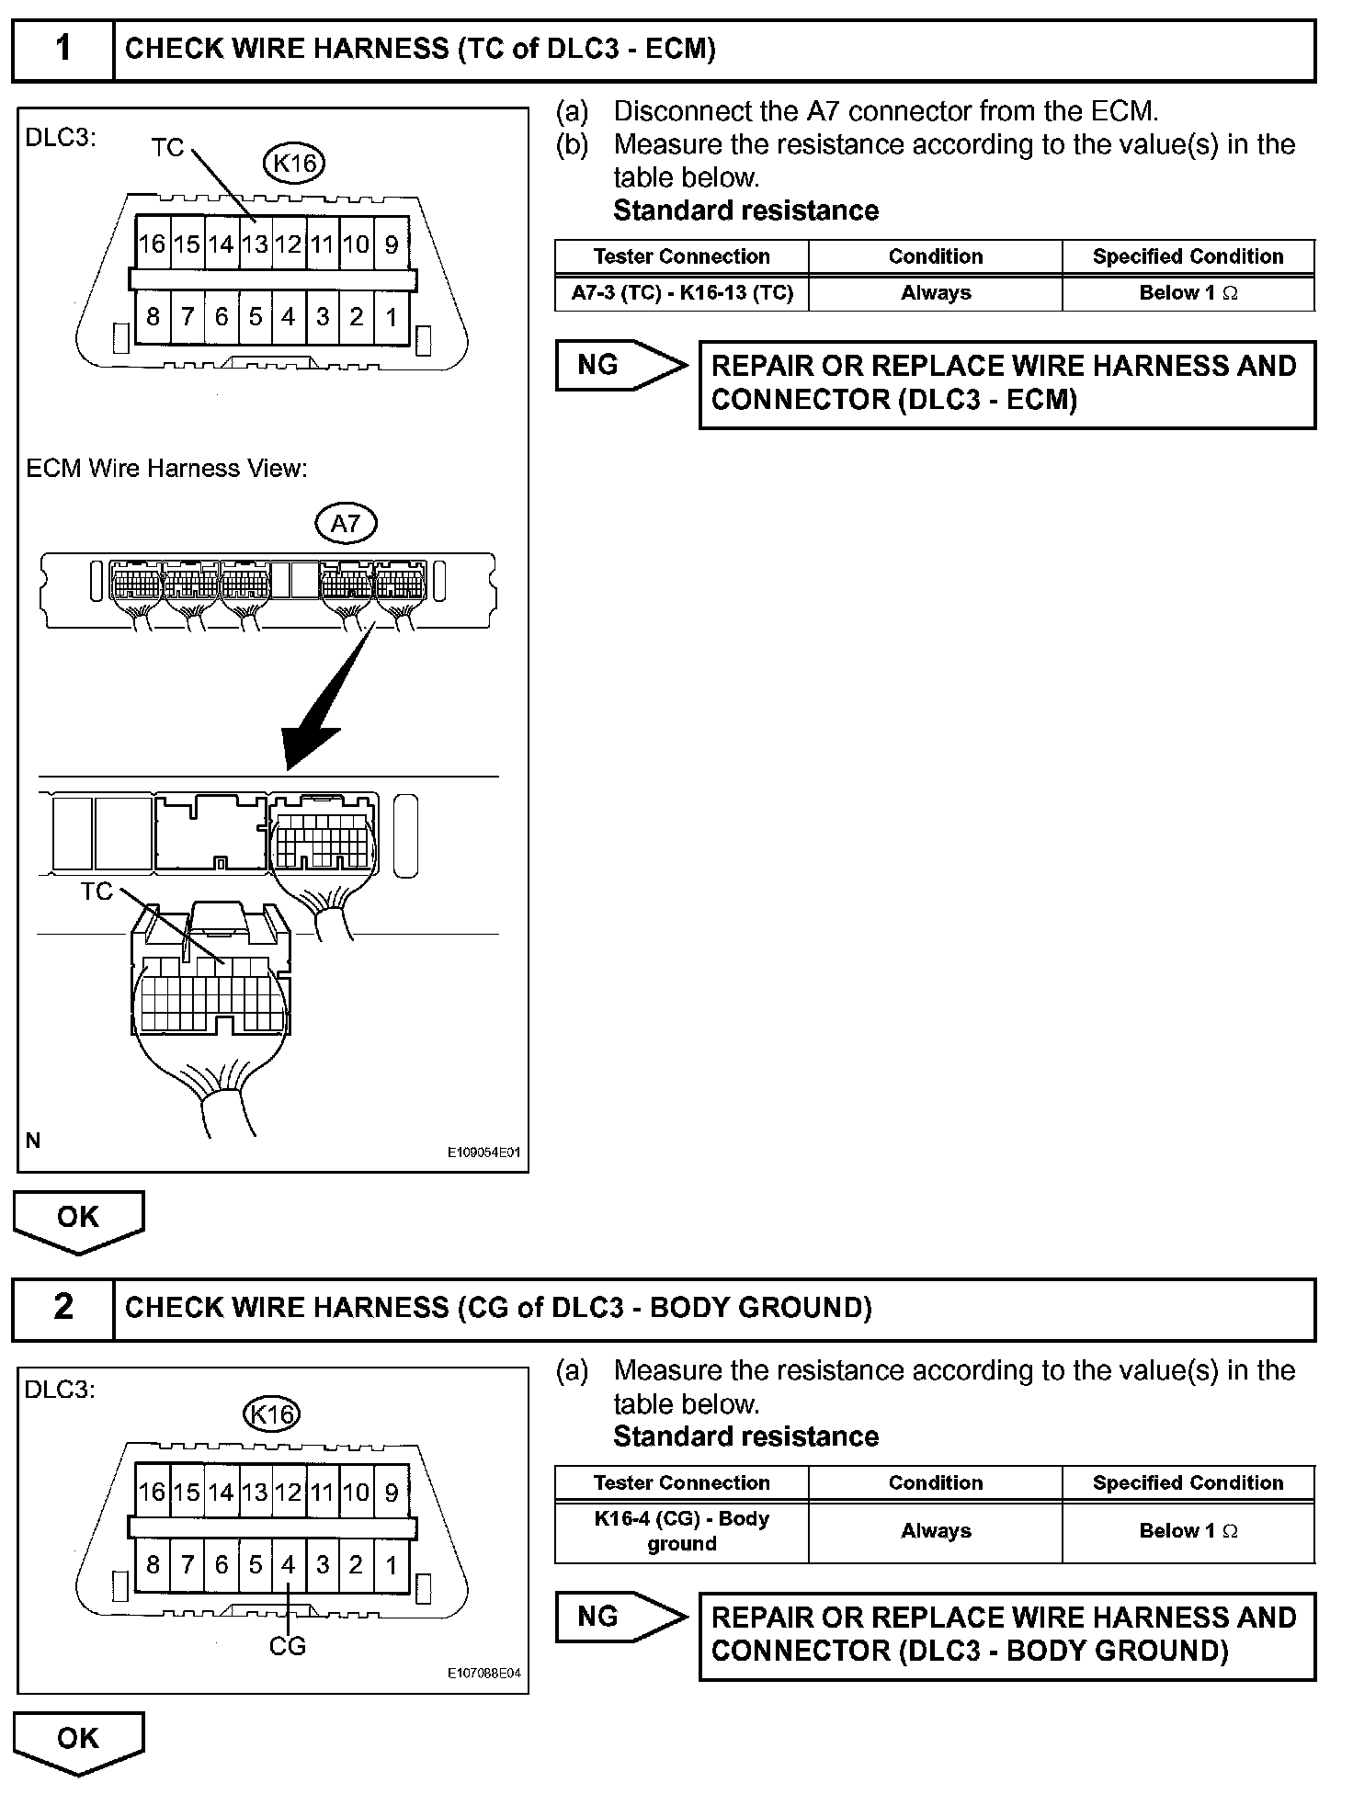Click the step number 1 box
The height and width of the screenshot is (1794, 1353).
point(63,50)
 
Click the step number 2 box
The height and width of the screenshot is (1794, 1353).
point(63,1307)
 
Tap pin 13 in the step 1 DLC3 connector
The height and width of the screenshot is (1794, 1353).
point(255,244)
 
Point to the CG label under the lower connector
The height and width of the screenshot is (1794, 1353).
point(287,1645)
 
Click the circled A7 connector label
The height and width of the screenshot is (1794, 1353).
point(345,524)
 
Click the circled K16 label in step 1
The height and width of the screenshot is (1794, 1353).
point(294,164)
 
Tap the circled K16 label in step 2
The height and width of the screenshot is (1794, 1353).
point(272,1414)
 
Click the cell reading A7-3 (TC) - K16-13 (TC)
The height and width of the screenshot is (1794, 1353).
point(682,293)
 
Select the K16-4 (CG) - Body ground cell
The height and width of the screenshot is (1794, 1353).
point(682,1530)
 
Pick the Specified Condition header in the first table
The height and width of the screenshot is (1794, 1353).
point(1188,256)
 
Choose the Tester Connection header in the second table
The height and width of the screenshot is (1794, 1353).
point(682,1482)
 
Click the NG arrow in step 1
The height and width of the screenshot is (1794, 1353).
point(620,366)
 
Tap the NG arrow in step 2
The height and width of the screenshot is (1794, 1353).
point(620,1617)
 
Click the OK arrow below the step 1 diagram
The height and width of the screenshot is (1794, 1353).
point(78,1219)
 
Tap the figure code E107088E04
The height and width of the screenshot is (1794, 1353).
point(484,1673)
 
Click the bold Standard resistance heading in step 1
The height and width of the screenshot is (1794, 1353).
point(745,210)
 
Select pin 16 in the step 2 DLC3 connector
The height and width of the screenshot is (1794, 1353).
point(152,1492)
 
